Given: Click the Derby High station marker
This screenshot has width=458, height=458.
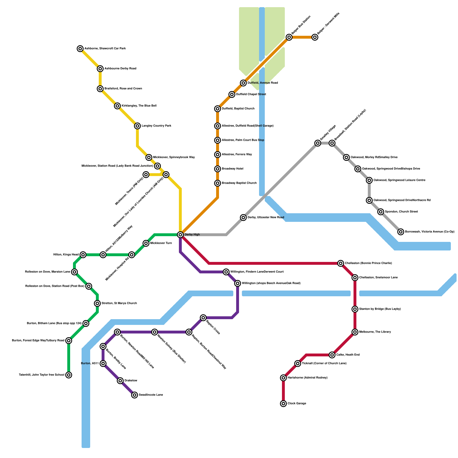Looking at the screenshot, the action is point(180,235).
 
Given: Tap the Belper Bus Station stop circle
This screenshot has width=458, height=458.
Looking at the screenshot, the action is point(289,37).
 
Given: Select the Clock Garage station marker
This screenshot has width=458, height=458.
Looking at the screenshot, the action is point(283,404).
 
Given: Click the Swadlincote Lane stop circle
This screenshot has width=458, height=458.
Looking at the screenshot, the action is point(135,395).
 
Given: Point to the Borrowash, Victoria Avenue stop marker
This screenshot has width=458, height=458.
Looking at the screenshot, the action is point(401,232).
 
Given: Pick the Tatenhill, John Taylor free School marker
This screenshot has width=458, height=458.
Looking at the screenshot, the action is point(69,375).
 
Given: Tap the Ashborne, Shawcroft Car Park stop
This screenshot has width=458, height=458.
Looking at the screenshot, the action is point(80,49).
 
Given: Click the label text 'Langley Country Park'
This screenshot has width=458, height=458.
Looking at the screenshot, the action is point(156,126).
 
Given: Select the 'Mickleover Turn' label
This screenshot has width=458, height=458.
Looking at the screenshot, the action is point(161,243).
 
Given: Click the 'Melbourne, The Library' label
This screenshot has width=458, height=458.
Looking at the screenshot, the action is point(375,332).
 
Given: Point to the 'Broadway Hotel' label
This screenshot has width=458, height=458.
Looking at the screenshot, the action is point(232,169).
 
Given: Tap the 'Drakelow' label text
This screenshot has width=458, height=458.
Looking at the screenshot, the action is point(131,381).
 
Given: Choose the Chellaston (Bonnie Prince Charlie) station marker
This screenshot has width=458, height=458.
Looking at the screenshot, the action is point(341,263).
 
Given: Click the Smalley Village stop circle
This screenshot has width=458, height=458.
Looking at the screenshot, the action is point(318,143).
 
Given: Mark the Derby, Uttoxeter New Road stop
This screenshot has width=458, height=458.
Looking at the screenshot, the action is point(243,218).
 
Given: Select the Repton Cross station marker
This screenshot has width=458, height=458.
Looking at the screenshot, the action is point(203,318).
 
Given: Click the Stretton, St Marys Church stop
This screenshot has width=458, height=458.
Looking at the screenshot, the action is point(97,303).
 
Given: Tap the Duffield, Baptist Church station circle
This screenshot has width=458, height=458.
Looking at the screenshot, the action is point(218,109).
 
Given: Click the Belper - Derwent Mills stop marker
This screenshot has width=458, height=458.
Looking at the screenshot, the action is point(315,37).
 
